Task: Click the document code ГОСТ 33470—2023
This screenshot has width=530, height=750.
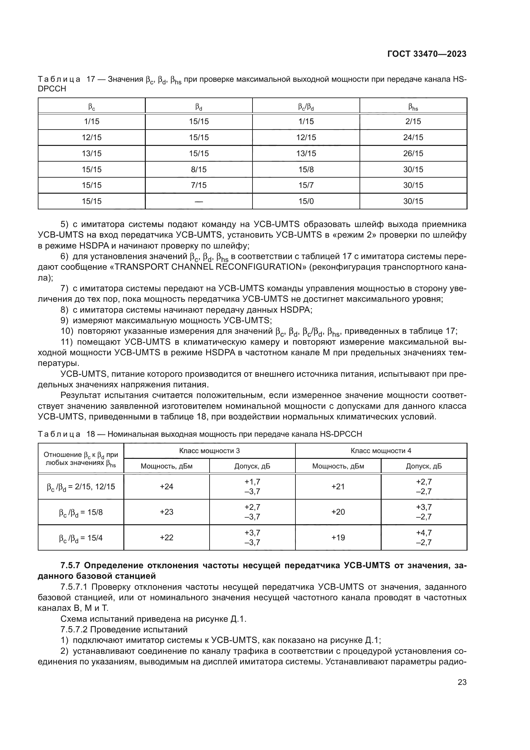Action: pos(426,54)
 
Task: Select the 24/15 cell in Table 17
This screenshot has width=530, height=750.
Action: pos(413,138)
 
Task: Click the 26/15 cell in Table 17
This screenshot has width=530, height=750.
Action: pos(413,154)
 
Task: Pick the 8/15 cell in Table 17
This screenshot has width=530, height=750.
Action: pos(198,170)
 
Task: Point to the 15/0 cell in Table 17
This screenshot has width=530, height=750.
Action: pos(306,201)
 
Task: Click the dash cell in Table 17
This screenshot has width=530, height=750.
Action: pos(198,201)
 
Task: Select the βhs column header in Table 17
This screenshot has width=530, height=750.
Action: pos(413,106)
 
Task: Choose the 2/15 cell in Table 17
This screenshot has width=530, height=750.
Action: pos(413,122)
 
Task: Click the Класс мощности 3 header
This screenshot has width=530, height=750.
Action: pos(209,451)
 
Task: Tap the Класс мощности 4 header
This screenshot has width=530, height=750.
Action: pos(381,451)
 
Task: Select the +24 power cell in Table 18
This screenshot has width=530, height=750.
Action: pos(166,486)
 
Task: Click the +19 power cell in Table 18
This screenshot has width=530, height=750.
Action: pos(338,538)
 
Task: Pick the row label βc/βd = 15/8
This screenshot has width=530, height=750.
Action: pos(81,512)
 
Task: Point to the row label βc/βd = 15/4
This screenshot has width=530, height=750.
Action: pos(81,538)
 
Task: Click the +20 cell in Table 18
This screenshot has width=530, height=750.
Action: pos(338,512)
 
